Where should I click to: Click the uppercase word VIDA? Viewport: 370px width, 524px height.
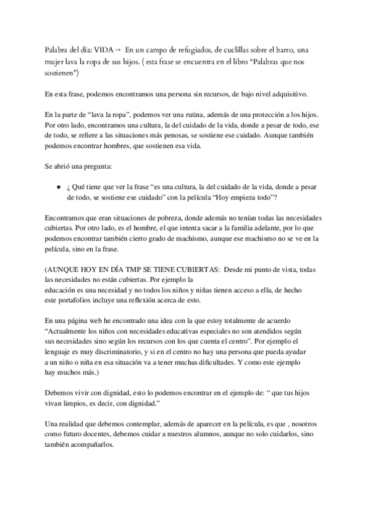pos(103,52)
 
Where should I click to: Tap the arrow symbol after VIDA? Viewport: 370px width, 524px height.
pos(117,52)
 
